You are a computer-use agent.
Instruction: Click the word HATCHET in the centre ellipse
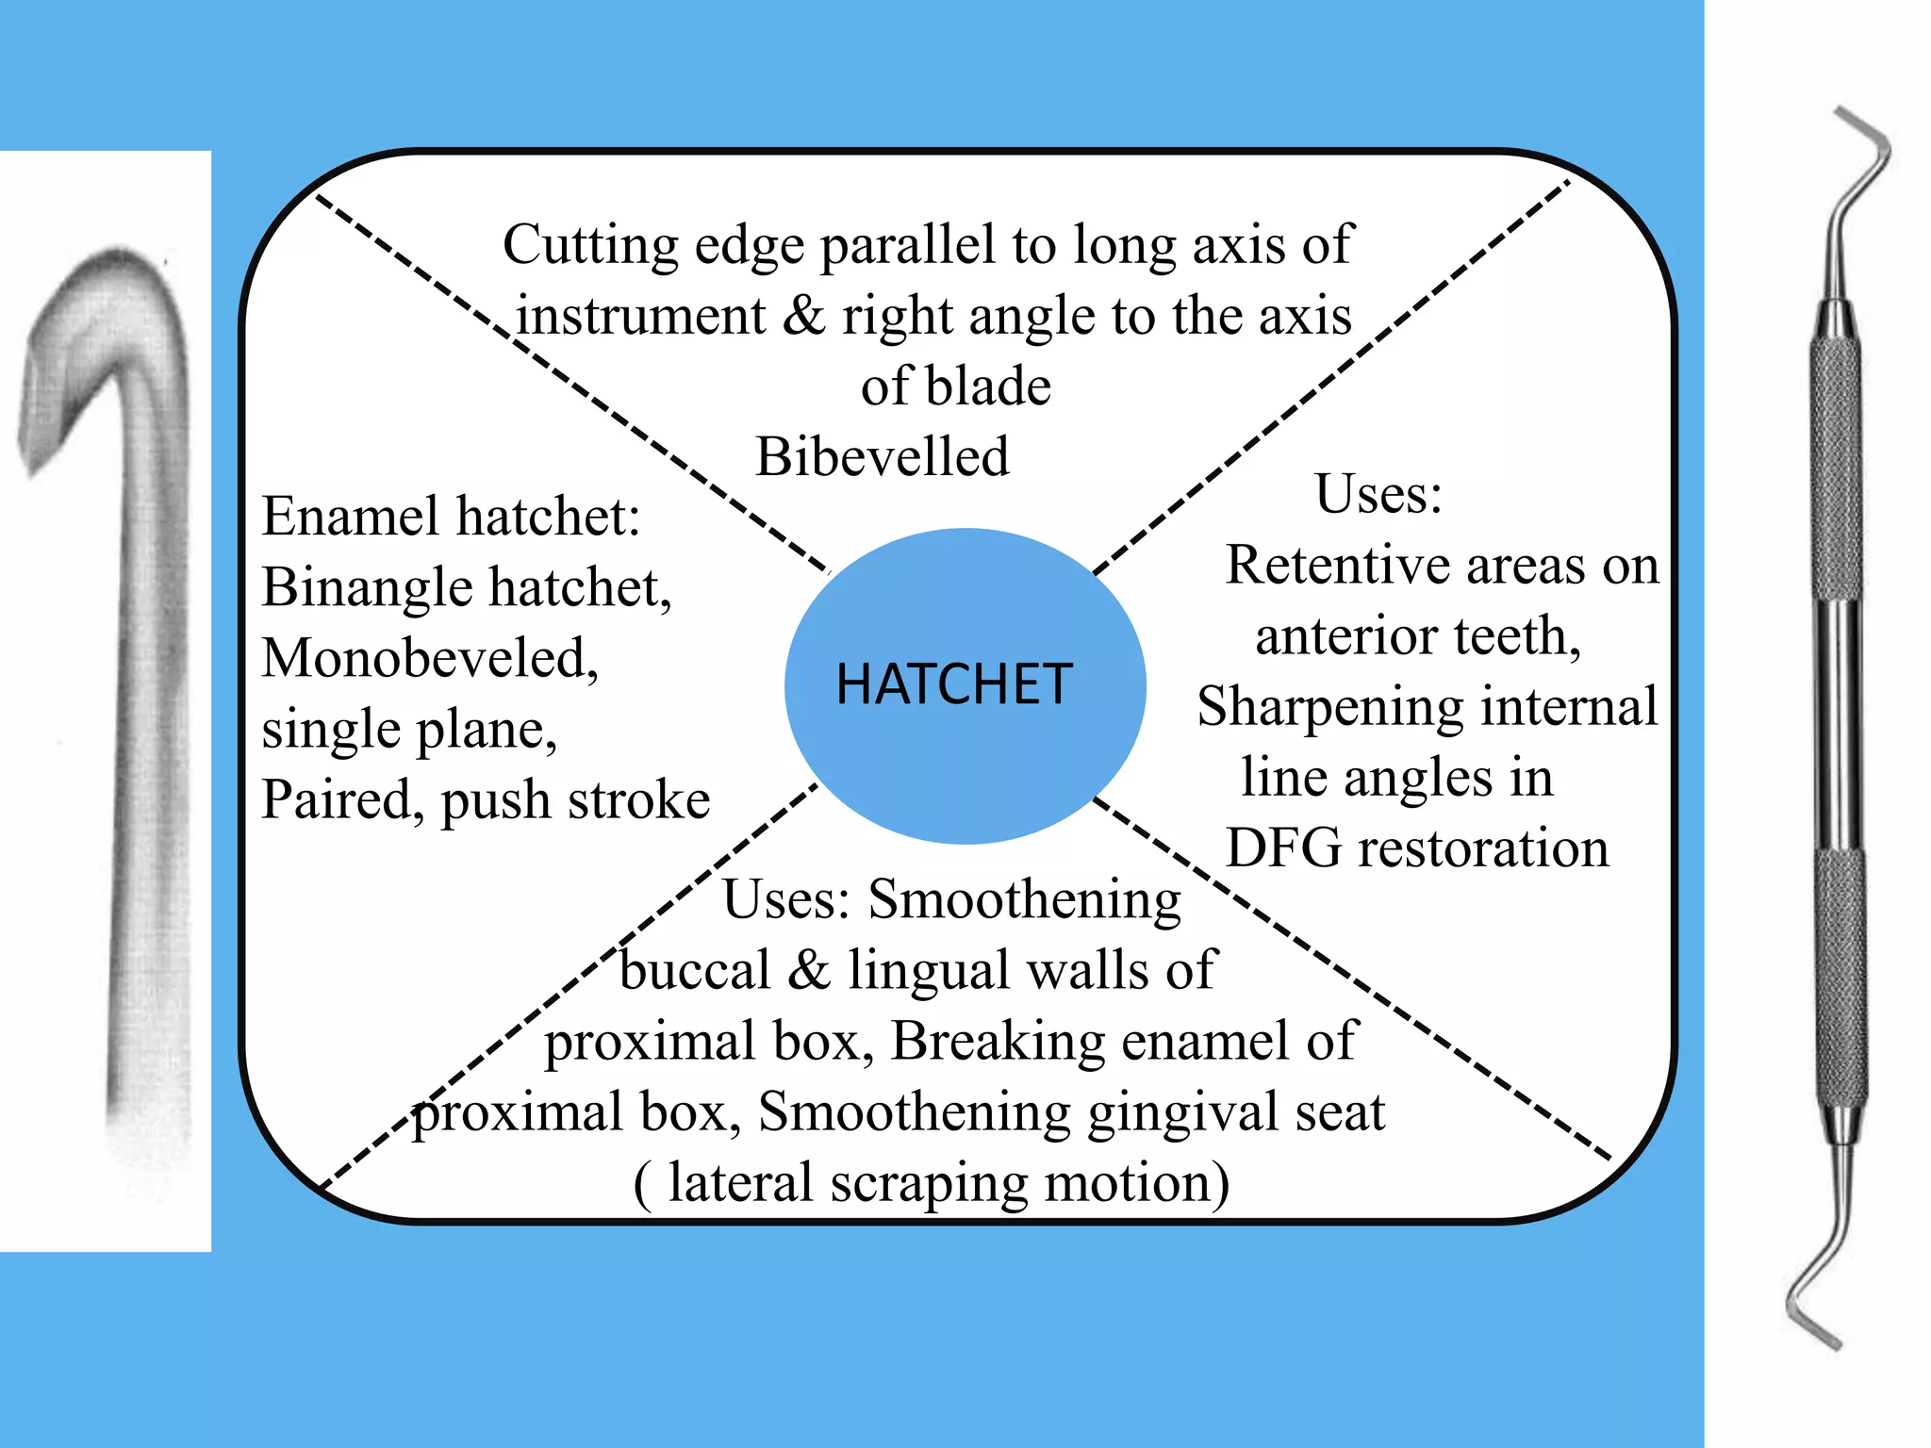pos(954,683)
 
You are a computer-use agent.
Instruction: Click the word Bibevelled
pos(883,457)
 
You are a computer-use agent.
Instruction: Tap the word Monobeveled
pos(429,658)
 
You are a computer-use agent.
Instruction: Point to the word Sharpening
pos(1329,707)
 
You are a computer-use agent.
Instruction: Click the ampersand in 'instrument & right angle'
pos(803,316)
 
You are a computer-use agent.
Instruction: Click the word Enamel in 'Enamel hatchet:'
pos(351,517)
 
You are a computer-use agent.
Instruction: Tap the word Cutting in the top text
pos(590,245)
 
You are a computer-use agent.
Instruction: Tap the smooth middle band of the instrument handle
pos(1839,726)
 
